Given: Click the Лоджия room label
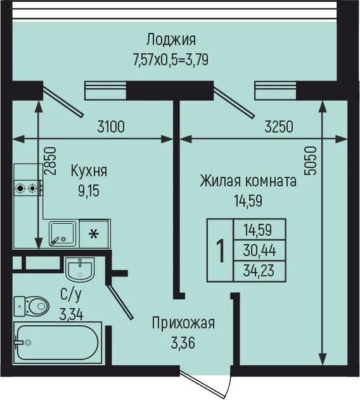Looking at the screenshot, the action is [x=171, y=41].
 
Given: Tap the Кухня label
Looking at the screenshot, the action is [x=89, y=171].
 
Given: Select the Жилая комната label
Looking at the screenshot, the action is [x=248, y=181].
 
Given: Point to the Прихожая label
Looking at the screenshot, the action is [x=183, y=323].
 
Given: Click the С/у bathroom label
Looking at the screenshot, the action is [x=71, y=294].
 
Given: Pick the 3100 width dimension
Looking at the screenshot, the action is [x=111, y=127].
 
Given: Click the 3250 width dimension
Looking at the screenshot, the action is [x=279, y=127].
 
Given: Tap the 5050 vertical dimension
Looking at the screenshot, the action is [x=311, y=161].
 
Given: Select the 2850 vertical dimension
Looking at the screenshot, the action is [x=49, y=161].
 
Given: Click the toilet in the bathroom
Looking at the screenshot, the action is [x=32, y=306].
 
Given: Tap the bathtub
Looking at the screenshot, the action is [x=58, y=342].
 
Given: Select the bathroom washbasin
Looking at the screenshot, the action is [x=80, y=269].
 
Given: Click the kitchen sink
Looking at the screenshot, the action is [x=62, y=234].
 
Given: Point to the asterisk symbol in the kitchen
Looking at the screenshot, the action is [x=94, y=234].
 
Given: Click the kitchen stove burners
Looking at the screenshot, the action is [x=26, y=188].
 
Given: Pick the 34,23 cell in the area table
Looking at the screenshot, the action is [x=259, y=271].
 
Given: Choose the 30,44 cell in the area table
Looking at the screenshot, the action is [x=259, y=250].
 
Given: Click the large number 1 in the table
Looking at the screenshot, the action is [x=221, y=250].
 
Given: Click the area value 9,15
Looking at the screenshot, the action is [x=89, y=191].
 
